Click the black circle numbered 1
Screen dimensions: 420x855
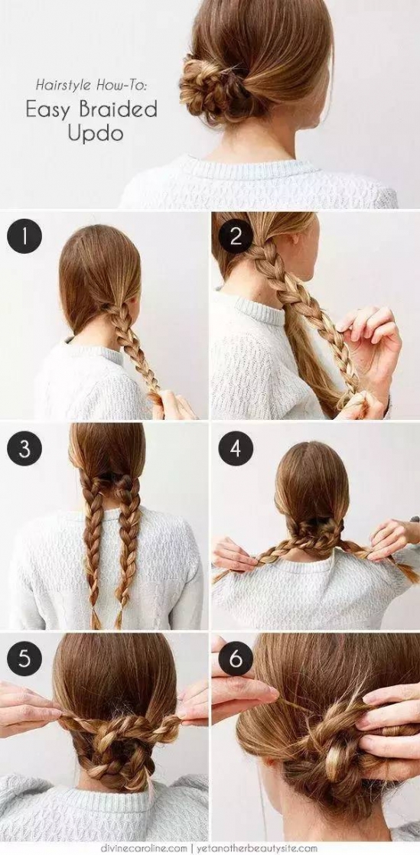pyautogui.click(x=24, y=236)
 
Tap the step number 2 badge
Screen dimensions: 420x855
pyautogui.click(x=236, y=236)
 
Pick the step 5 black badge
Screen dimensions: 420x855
pyautogui.click(x=24, y=658)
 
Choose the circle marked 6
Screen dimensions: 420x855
pyautogui.click(x=236, y=658)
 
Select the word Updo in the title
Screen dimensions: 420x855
pyautogui.click(x=95, y=134)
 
